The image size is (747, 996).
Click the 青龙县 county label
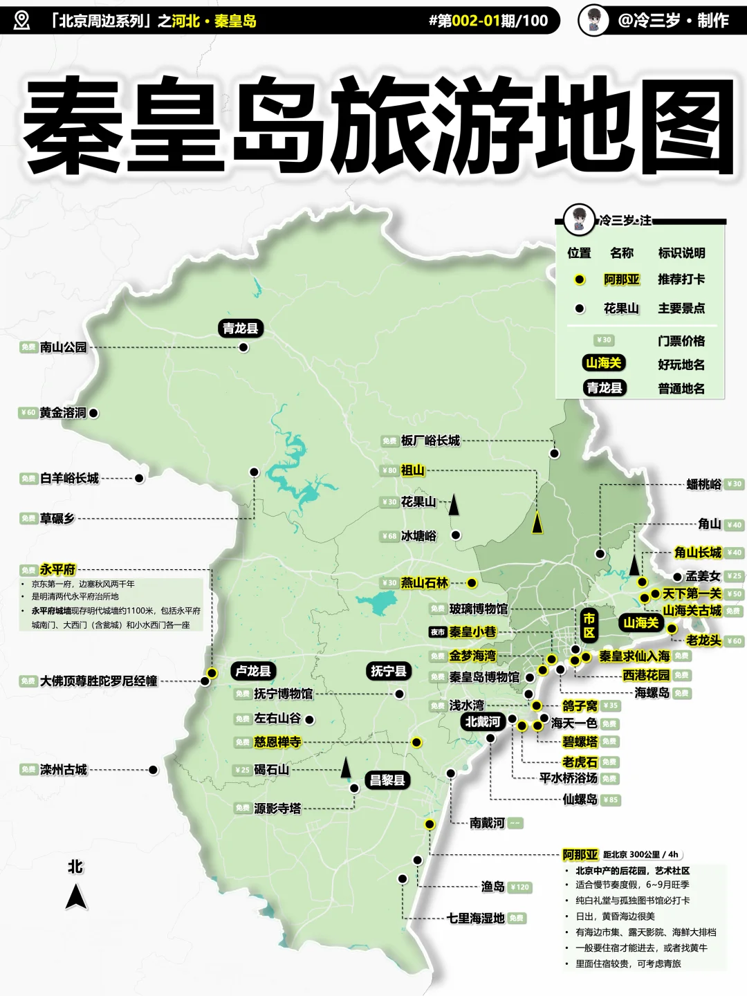[x=240, y=328]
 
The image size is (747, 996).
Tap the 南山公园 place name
[x=63, y=347]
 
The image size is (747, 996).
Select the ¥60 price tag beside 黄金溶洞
[x=27, y=413]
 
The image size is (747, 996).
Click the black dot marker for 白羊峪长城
[x=139, y=478]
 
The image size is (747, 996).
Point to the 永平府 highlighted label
[x=57, y=570]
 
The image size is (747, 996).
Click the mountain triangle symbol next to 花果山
[x=454, y=505]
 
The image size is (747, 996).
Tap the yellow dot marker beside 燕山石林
[x=472, y=583]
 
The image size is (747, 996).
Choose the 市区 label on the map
[x=589, y=625]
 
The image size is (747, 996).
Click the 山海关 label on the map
[x=640, y=623]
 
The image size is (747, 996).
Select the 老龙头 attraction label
[x=703, y=640]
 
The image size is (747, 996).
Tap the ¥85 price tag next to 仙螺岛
[x=611, y=800]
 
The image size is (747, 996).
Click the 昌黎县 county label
[x=387, y=780]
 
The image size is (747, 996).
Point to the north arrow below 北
[x=76, y=897]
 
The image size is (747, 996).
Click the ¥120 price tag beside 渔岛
[x=519, y=887]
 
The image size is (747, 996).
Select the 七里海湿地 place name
[x=476, y=919]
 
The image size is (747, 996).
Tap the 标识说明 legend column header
[x=681, y=253]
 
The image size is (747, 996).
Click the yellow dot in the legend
[x=580, y=279]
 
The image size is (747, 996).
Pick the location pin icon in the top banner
[x=22, y=20]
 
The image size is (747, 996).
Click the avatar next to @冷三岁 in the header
[x=593, y=20]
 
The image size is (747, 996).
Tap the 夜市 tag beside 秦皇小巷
[x=437, y=632]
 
